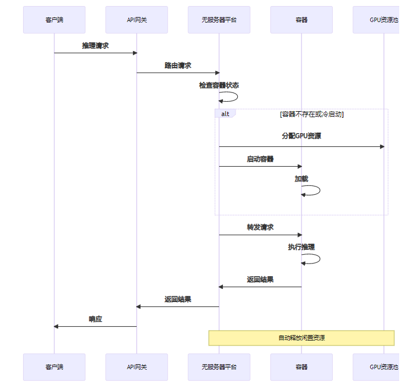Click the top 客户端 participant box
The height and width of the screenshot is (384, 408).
point(54,20)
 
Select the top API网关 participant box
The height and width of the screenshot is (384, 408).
point(137,20)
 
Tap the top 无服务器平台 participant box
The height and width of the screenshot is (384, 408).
point(219,20)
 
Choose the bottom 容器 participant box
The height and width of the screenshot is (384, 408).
point(301,367)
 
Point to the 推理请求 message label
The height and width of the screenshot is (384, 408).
point(96,46)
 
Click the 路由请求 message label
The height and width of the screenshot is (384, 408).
point(178,65)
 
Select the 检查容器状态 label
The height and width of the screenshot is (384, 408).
point(219,85)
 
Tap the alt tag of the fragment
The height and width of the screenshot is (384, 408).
point(225,114)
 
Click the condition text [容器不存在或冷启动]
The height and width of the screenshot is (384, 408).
point(311,114)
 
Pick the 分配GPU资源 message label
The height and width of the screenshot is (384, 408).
point(301,136)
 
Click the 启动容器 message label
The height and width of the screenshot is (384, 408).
point(260,159)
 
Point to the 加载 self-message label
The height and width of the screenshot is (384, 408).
point(301,179)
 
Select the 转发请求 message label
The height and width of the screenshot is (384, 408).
point(260,227)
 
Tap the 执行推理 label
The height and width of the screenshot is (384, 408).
point(301,247)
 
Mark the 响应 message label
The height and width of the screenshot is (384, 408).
point(96,319)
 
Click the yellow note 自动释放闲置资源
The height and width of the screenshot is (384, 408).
point(301,338)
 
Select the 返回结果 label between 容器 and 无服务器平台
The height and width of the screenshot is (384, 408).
point(260,279)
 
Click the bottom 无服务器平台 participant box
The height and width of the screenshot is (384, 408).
point(219,367)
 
